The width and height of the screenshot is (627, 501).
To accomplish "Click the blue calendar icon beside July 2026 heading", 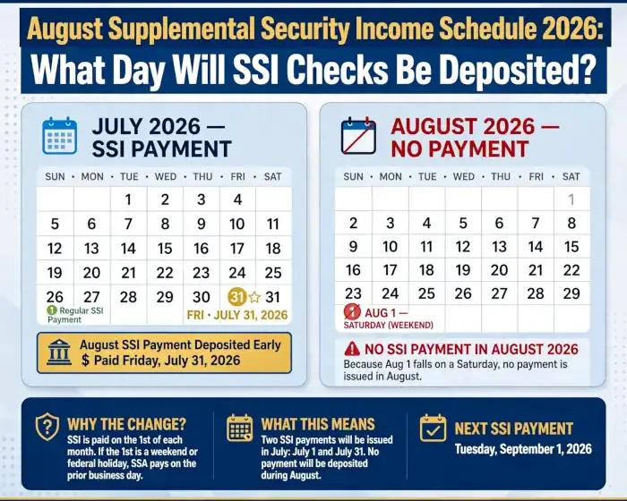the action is (60, 136).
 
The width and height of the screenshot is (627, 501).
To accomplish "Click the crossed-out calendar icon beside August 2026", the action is (358, 136).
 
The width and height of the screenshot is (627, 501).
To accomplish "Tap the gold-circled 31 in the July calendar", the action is (236, 297).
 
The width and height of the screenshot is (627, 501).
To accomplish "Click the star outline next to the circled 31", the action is (254, 297).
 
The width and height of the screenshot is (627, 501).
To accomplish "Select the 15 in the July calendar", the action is (165, 249).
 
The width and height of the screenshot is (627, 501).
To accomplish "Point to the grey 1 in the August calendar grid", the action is (571, 200).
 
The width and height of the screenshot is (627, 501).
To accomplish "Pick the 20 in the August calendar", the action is (499, 270).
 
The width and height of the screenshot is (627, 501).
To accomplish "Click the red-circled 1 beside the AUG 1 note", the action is (352, 312).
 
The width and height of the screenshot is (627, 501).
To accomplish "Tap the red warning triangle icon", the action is (352, 349).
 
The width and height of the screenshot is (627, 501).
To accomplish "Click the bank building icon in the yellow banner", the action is (59, 352).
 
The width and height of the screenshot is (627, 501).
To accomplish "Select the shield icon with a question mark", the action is (47, 427).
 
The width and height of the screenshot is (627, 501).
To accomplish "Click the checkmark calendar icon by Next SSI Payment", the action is (433, 428).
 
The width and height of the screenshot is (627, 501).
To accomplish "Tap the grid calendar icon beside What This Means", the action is (239, 428).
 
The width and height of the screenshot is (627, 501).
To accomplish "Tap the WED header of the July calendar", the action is (166, 176).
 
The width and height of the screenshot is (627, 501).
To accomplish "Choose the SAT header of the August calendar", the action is (571, 176).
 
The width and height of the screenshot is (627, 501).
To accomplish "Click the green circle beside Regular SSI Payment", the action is (52, 310).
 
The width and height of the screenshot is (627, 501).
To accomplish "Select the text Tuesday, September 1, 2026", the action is (523, 449).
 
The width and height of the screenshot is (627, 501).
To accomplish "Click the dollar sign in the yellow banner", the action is (86, 361).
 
